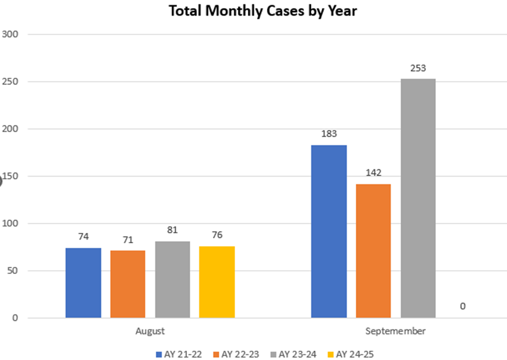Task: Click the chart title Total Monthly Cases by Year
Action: coord(263,11)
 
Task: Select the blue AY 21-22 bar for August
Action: coord(83,283)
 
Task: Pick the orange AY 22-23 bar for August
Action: coord(128,284)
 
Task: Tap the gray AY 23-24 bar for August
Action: coord(172,279)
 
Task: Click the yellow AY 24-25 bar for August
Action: coord(217,282)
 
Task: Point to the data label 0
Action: coord(463,306)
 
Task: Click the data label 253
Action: coord(418,68)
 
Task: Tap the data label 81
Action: coord(172,231)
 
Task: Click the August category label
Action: coord(150,332)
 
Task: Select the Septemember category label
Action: coord(396,332)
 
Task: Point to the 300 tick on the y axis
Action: coord(12,35)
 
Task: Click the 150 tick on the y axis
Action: coord(12,176)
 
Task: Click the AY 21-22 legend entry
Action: coord(179,354)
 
